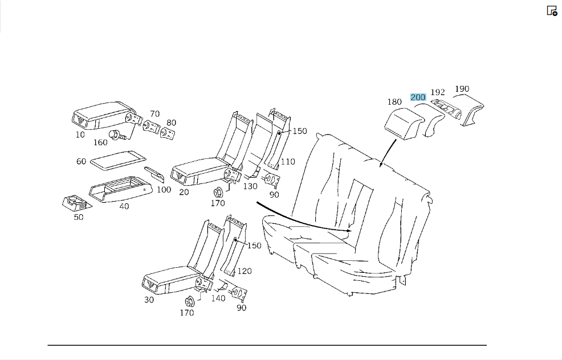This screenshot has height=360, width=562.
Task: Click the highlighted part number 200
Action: pos(418,97)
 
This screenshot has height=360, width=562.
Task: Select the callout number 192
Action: pos(438,92)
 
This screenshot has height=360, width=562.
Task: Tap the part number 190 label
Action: pos(462,89)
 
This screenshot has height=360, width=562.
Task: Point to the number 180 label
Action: pos(394,102)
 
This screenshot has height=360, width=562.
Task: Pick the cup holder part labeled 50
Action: pos(76,203)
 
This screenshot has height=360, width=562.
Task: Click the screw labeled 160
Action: pos(118,135)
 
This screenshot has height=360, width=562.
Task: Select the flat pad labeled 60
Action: pos(117,159)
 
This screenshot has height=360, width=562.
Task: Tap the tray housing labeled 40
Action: pos(120,189)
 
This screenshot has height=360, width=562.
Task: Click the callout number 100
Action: pos(164,190)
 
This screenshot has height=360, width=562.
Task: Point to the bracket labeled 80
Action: pos(168,134)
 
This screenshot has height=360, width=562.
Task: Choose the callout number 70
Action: pos(155,114)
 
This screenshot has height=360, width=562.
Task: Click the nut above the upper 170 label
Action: pos(218,193)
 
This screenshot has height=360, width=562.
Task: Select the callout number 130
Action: pos(250,187)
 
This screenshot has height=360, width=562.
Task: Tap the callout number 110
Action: pos(287,162)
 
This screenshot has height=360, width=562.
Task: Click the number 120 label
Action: pos(245,271)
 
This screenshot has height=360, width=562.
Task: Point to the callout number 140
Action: pos(218,298)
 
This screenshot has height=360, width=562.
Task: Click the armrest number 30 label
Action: pos(149,300)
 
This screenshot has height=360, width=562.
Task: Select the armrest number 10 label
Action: pos(80,134)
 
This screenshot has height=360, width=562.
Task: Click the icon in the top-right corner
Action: pos(552,11)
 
